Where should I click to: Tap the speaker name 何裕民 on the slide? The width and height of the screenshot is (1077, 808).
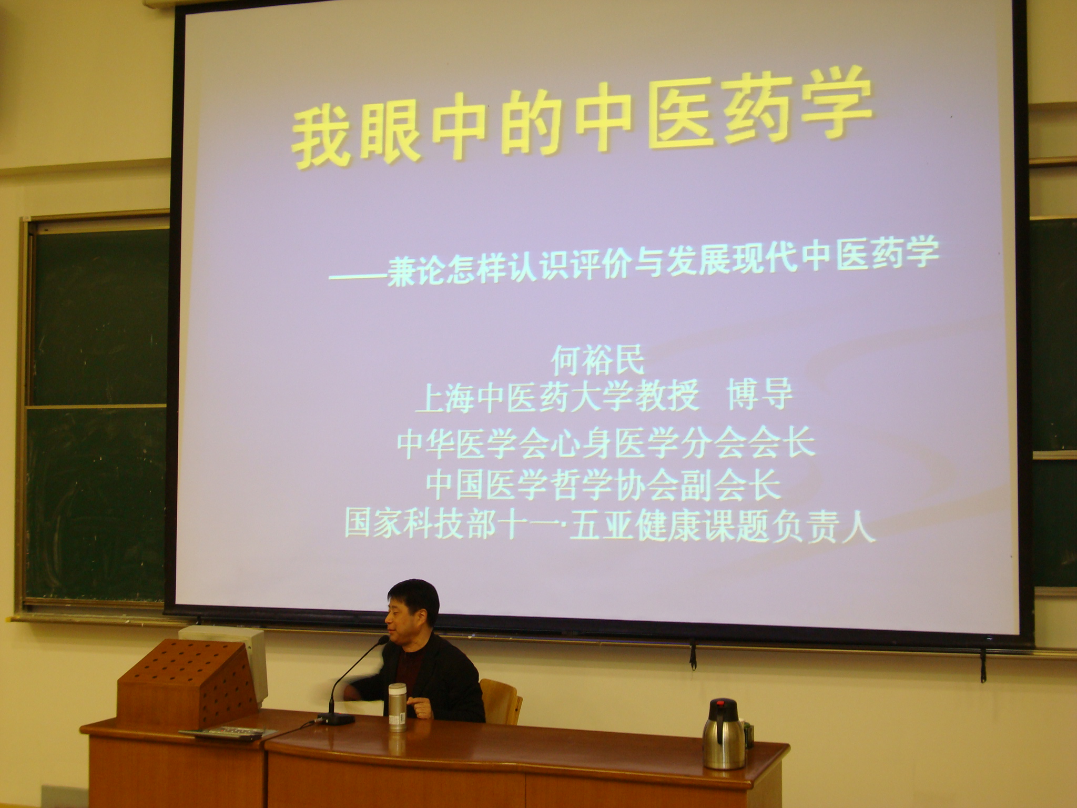pos(598,361)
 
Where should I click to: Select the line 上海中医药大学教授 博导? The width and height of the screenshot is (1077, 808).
pos(603,397)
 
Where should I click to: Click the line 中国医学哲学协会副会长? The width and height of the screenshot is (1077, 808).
pos(603,487)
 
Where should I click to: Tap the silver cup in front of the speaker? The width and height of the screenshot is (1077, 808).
pos(397,706)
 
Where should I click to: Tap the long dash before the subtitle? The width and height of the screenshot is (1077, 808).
pos(358,276)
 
